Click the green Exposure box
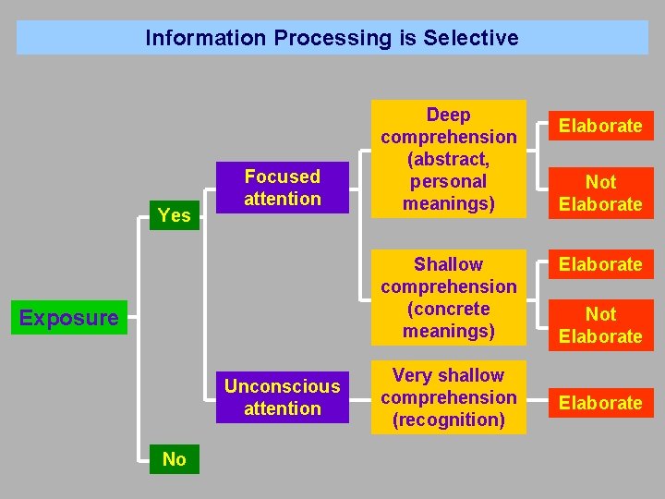69,318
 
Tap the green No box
174,459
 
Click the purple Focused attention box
283,188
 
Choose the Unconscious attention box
283,397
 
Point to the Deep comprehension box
449,159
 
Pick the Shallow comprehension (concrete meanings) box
449,298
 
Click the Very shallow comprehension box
449,397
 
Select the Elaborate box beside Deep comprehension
600,126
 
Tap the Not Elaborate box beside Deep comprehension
600,193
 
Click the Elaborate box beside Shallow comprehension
600,264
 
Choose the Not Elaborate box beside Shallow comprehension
600,325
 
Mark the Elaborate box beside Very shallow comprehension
600,403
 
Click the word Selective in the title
471,38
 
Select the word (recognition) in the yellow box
449,420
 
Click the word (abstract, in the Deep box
449,159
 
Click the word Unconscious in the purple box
283,386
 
